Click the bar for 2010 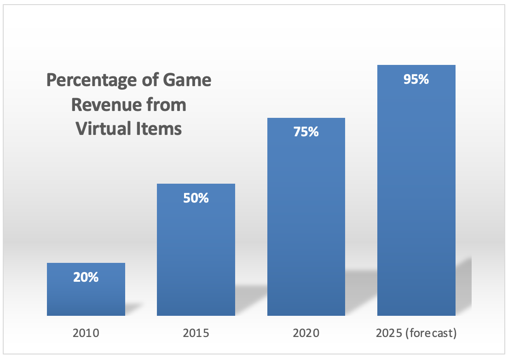86,297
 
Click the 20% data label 86,278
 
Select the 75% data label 306,132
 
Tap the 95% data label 416,79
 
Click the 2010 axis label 86,333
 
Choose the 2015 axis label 196,333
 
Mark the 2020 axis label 306,333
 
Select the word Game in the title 189,81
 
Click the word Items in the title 158,129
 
